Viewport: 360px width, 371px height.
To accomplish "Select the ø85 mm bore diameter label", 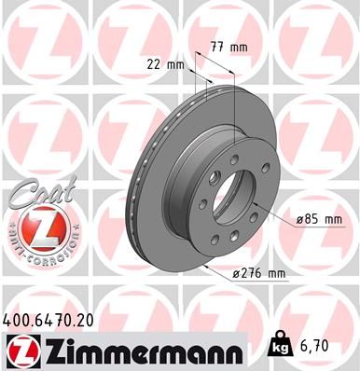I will pos(320,219).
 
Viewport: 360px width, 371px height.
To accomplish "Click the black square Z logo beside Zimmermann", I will pos(20,352).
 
